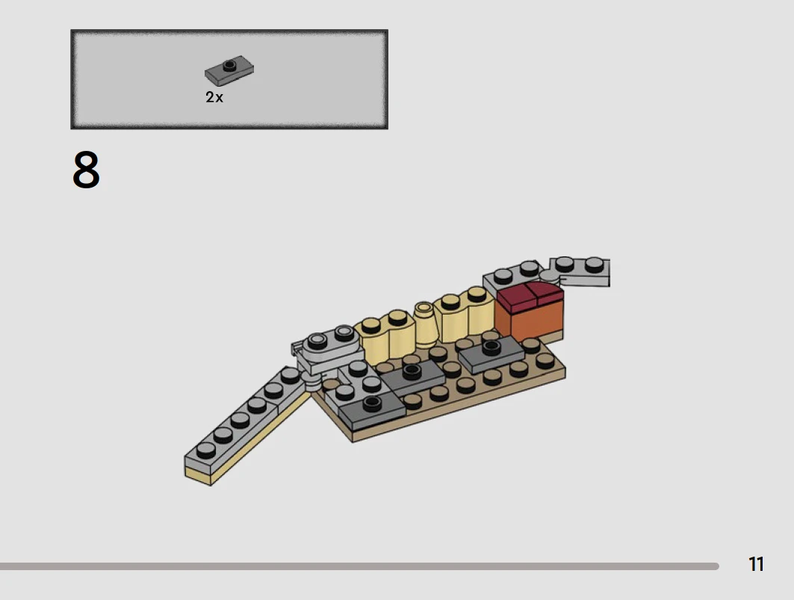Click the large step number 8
tap(86, 170)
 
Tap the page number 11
tap(756, 564)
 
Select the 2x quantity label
tap(214, 97)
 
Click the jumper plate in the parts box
tap(229, 70)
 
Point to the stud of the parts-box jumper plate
tap(230, 65)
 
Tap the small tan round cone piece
tap(424, 324)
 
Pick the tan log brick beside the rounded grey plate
tap(384, 337)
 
